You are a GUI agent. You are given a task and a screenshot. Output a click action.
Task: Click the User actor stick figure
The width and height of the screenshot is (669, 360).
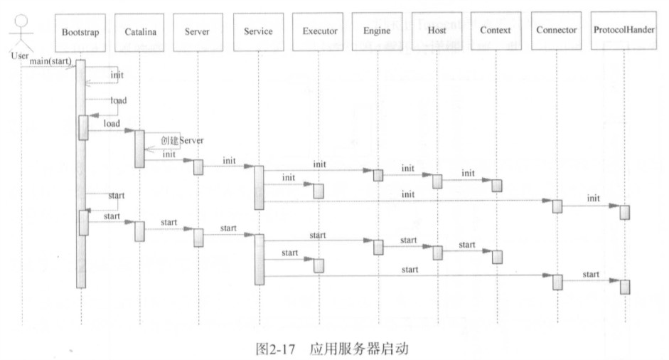(21, 32)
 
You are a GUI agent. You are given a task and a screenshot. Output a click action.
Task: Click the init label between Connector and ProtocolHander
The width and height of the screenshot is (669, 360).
(593, 197)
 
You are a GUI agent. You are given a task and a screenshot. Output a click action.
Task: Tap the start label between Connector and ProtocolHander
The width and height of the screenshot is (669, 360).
(591, 274)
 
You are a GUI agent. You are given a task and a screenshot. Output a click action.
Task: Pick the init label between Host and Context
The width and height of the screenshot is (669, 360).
(467, 173)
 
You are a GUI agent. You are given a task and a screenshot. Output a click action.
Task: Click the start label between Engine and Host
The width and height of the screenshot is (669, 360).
(408, 240)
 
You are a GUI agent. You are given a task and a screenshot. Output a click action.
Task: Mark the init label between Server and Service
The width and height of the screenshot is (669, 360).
(229, 161)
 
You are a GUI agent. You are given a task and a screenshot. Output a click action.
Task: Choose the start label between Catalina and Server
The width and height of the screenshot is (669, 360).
(169, 222)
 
